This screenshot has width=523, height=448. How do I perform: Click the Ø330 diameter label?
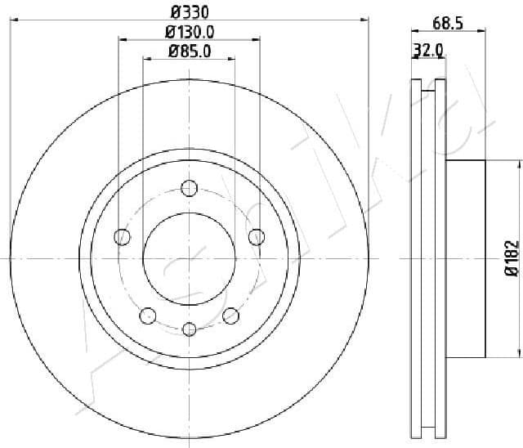pyautogui.click(x=190, y=11)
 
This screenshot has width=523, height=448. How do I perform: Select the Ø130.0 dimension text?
pyautogui.click(x=190, y=32)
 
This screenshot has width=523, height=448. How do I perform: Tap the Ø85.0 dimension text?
pyautogui.click(x=190, y=52)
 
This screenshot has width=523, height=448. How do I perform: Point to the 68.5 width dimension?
pyautogui.click(x=448, y=24)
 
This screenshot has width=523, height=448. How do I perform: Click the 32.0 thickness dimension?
pyautogui.click(x=428, y=50)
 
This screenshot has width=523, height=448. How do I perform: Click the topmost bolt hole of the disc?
pyautogui.click(x=190, y=187)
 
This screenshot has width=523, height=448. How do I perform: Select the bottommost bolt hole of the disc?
pyautogui.click(x=190, y=329)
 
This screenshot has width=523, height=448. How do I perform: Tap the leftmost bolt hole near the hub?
pyautogui.click(x=123, y=237)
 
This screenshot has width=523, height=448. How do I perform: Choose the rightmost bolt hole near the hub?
pyautogui.click(x=257, y=237)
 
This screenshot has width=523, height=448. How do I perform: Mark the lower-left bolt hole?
pyautogui.click(x=148, y=316)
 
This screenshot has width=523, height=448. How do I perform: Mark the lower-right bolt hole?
pyautogui.click(x=230, y=316)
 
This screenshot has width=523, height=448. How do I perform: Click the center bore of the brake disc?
pyautogui.click(x=190, y=258)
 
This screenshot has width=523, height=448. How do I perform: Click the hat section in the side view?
pyautogui.click(x=466, y=258)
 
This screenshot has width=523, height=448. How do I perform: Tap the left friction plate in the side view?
pyautogui.click(x=414, y=258)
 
